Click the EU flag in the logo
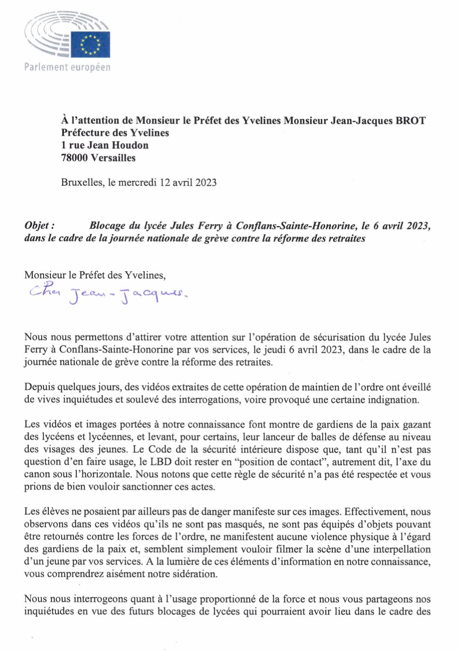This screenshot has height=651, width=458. (90, 44)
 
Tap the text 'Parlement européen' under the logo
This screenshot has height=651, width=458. (68, 68)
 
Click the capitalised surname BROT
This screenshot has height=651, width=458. (410, 121)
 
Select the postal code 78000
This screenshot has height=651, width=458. (74, 158)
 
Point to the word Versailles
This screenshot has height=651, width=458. (113, 158)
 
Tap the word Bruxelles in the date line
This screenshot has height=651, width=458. (82, 183)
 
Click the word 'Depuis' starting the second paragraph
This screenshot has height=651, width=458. (39, 388)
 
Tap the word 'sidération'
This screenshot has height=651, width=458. (195, 574)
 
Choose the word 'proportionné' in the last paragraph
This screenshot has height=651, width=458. (217, 599)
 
